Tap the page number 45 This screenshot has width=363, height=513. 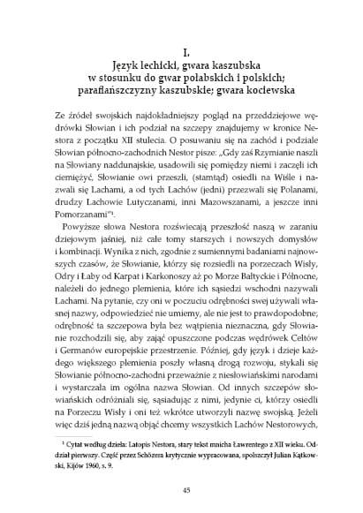click(x=181, y=491)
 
